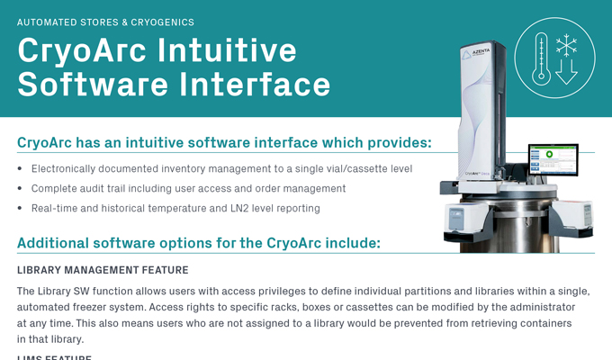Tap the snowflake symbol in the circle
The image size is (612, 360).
(566, 44)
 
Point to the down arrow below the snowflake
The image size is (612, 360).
(566, 73)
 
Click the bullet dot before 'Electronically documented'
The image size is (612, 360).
(21, 168)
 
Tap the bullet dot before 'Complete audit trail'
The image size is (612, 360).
(21, 189)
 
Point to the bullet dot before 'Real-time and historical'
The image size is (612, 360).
(21, 209)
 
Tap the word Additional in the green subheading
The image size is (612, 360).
(56, 243)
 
